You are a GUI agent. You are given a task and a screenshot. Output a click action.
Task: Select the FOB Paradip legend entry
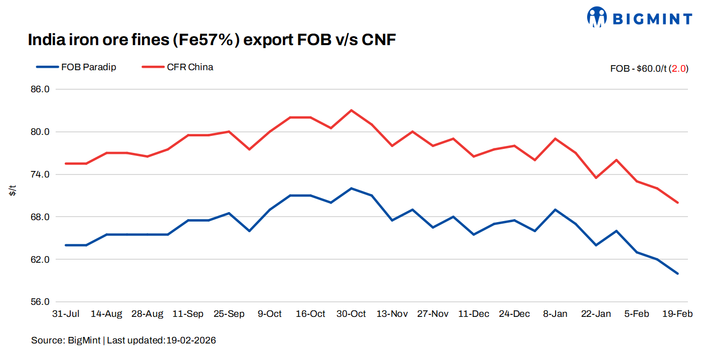[x=76, y=67]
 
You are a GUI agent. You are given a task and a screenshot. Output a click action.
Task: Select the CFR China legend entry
[x=178, y=67]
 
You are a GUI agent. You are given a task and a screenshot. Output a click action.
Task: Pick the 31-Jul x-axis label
[x=66, y=314]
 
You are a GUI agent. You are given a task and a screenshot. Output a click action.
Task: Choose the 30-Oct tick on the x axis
[x=351, y=314]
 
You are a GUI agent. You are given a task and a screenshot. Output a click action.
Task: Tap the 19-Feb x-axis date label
[x=677, y=314]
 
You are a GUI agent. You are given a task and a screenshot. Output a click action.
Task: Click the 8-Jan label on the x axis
[x=555, y=314]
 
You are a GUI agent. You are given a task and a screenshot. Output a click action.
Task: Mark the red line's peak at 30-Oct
[x=351, y=110]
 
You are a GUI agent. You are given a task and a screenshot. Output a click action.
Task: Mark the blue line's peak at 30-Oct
[x=351, y=189]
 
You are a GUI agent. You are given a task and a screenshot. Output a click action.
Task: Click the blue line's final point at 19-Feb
[x=678, y=274]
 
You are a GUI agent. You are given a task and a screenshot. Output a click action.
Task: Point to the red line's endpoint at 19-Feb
[x=678, y=203]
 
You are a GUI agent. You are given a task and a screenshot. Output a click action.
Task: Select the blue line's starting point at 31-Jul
[x=66, y=245]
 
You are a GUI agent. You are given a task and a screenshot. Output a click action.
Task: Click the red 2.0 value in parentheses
[x=679, y=69]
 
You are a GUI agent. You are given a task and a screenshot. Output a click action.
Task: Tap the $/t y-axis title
[x=13, y=191]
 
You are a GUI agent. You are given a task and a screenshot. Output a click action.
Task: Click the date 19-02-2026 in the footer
[x=191, y=340]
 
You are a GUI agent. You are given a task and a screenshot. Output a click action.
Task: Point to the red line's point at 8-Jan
[x=555, y=138]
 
